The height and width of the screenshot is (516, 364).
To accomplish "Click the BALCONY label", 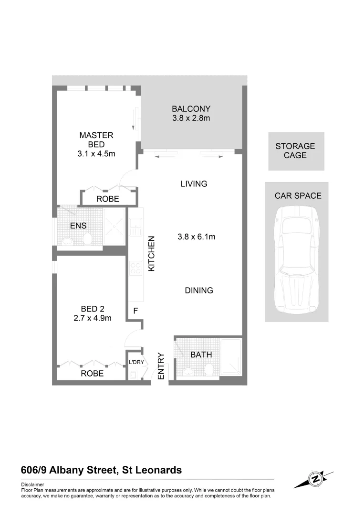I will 191,108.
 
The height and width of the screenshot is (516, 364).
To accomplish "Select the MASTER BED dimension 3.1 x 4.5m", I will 96,153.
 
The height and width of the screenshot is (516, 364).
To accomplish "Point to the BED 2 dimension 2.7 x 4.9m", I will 93,318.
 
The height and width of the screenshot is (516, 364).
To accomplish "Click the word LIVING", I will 194,183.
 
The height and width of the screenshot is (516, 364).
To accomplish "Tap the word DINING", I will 199,290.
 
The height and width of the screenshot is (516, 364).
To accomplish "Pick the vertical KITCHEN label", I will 152,254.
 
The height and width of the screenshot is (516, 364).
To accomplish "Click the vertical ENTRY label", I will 161,366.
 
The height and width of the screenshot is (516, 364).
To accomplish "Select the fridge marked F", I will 135,311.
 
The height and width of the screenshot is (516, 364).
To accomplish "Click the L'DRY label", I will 136,363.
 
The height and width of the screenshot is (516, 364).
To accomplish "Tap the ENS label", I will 78,225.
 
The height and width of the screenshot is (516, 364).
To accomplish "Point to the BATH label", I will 201,355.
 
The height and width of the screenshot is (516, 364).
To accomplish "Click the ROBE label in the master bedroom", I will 108,199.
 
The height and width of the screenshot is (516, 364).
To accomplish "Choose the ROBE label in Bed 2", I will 92,374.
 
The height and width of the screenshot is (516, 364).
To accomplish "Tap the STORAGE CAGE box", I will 296,151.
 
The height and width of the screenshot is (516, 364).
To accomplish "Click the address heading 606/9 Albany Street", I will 101,470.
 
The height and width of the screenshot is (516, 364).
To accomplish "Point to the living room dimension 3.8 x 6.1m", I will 196,236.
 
